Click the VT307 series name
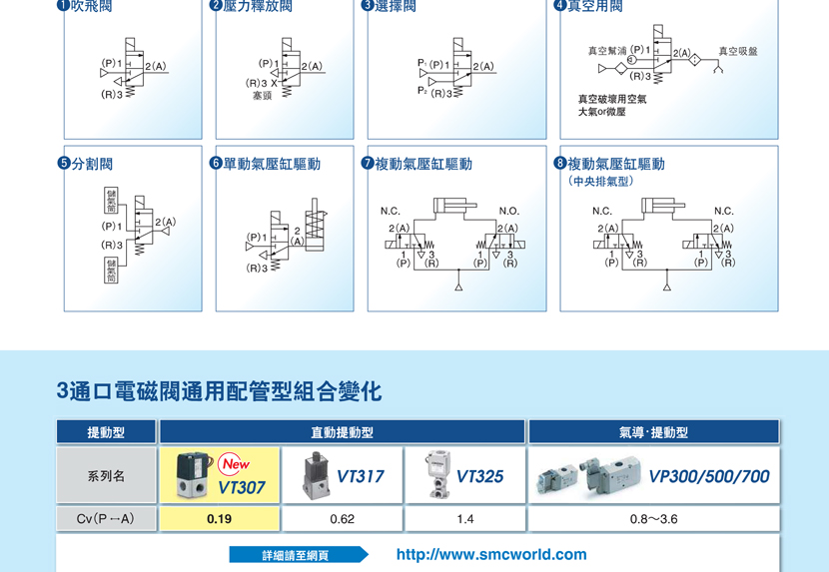point(242,488)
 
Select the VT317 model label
point(360,477)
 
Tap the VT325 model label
point(479,477)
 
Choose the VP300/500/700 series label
point(709,477)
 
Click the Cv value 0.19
point(219,519)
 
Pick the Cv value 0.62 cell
point(342,519)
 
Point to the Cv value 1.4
point(464,519)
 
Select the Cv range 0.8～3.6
point(653,519)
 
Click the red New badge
point(237,464)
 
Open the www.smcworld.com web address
point(491,554)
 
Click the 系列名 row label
point(106,476)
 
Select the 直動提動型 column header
point(342,432)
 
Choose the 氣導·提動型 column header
point(653,432)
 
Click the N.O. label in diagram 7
point(508,212)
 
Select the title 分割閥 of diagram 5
point(92,164)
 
